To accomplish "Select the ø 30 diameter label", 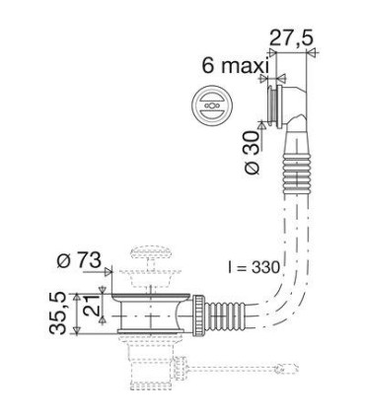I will pos(252,154).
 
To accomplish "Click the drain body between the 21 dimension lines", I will pos(148,313).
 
